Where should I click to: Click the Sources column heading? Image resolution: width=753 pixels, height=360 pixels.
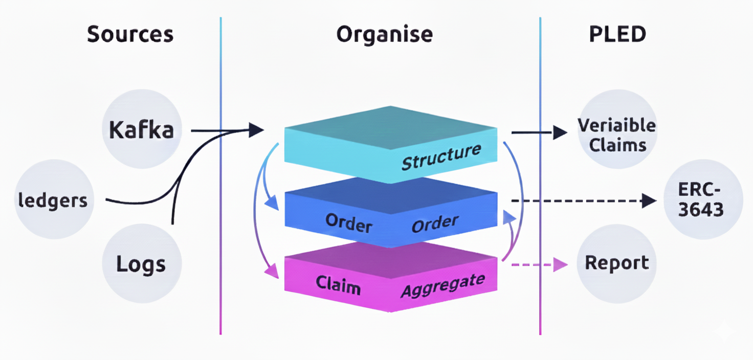[x=130, y=34]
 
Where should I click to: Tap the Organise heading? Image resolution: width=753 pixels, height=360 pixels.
[x=384, y=34]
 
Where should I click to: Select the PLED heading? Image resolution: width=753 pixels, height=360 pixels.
[x=617, y=34]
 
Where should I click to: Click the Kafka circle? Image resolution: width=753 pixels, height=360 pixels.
[x=141, y=130]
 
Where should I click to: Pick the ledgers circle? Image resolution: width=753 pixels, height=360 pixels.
[x=53, y=200]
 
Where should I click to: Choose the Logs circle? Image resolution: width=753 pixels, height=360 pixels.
[x=141, y=264]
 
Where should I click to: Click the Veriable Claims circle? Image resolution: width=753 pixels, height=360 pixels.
[x=616, y=135]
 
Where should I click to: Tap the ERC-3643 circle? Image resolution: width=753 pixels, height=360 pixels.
[x=701, y=200]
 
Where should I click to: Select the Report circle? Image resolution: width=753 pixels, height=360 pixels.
[x=616, y=263]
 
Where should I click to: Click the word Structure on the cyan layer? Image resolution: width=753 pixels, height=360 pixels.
[x=441, y=156]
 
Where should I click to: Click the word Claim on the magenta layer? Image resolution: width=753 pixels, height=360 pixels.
[x=338, y=284]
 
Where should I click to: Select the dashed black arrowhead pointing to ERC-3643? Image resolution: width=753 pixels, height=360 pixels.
[x=649, y=200]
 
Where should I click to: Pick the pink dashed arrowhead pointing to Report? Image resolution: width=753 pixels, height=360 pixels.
[x=561, y=264]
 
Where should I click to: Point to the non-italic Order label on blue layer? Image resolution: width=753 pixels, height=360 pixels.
[x=348, y=223]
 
